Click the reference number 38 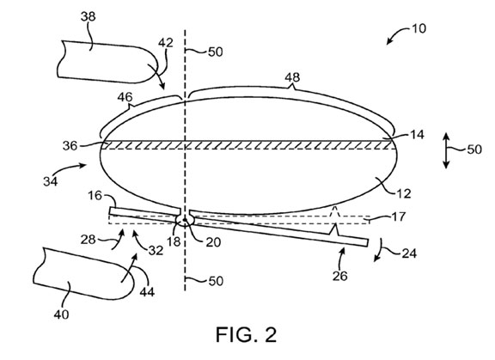88,16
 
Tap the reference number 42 166,43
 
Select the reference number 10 419,28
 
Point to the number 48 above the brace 292,77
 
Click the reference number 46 125,97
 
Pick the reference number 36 70,146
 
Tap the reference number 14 417,135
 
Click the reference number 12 404,193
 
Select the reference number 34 51,181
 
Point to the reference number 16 95,196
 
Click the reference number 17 399,217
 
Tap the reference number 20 213,242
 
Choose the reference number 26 340,276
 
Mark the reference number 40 61,314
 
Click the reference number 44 147,292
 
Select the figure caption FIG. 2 247,335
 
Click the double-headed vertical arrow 446,151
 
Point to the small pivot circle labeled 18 185,220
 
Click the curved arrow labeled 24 380,250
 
